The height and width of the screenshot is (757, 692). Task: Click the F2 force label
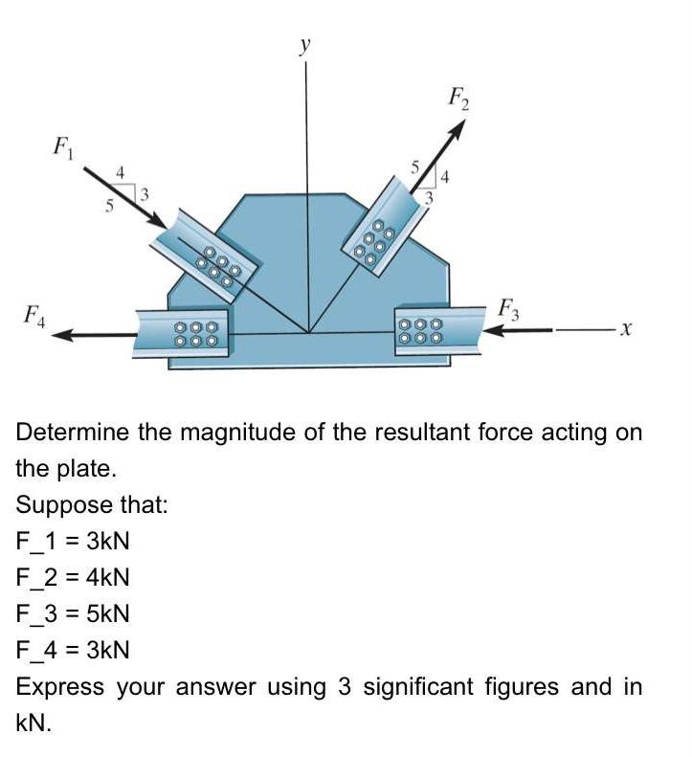pos(459,97)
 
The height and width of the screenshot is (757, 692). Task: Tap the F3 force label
pos(508,310)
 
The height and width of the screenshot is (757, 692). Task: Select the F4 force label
pos(34,313)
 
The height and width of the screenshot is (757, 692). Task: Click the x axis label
pos(624,330)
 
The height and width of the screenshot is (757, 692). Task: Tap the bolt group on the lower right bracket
pos(421,331)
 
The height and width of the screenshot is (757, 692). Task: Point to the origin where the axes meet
pos(307,333)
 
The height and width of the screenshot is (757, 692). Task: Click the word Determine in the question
pos(73,433)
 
